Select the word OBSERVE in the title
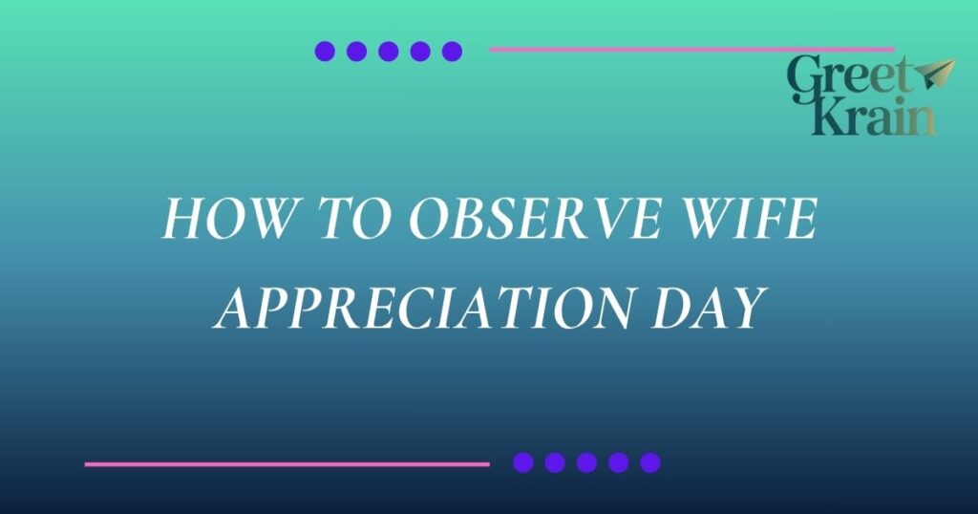click(535, 219)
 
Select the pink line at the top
click(691, 50)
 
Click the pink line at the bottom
click(287, 464)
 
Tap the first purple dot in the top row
click(325, 52)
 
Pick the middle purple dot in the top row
click(388, 52)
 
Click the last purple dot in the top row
click(452, 52)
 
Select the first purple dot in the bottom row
click(522, 462)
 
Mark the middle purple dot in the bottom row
click(586, 462)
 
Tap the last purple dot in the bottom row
click(649, 462)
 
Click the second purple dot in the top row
click(356, 52)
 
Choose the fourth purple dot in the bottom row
click(618, 462)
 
